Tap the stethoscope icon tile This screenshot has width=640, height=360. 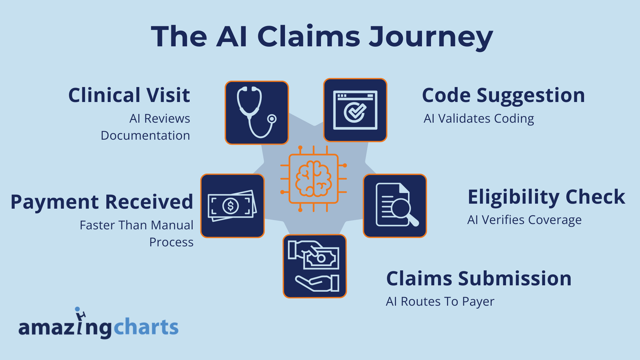257,113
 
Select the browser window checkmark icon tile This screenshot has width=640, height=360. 355,110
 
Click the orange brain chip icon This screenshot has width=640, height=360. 313,179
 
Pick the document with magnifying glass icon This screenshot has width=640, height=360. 395,206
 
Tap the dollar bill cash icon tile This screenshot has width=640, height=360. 232,206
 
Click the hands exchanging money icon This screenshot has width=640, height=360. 315,266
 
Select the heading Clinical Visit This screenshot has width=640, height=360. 129,95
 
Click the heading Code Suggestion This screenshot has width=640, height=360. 503,95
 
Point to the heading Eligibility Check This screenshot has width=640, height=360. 546,197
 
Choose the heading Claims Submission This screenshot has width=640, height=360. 479,278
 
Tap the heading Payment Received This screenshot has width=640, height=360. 102,202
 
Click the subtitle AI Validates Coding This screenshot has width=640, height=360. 479,119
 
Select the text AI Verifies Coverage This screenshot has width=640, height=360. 524,220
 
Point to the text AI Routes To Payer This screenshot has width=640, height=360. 440,302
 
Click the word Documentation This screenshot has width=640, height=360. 145,136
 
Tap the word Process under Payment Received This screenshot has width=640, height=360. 171,242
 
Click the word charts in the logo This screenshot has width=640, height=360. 146,327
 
